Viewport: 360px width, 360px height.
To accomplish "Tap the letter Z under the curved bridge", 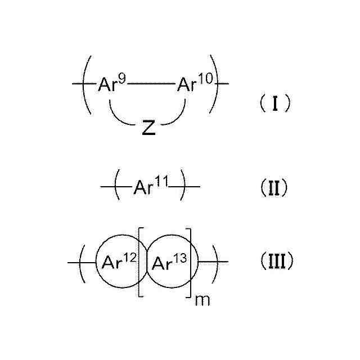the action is [x=148, y=129].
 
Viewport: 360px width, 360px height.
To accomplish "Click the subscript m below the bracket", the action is [x=200, y=300].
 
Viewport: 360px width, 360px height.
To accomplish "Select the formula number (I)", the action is [x=274, y=103].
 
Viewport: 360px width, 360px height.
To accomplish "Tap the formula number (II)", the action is [x=273, y=187].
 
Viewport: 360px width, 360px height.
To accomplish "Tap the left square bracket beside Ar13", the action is [x=139, y=262].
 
